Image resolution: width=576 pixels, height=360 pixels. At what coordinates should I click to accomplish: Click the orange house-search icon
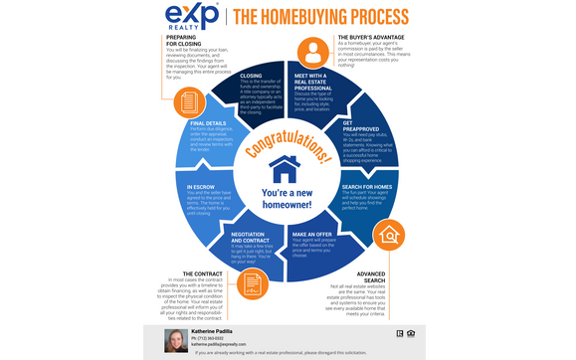click(x=391, y=236)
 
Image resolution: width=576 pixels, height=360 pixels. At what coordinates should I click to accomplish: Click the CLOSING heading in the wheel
click(x=251, y=76)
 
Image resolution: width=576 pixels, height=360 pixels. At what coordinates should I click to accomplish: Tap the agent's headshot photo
click(x=177, y=341)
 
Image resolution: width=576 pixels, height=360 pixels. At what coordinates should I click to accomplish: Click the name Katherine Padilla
click(x=213, y=330)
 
